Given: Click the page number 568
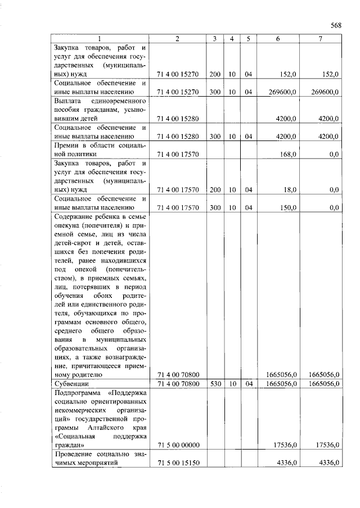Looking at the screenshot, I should click(336, 25).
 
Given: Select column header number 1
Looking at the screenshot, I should click(99, 39).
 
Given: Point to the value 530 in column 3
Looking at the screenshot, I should click(214, 384).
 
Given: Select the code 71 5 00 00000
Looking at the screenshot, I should click(178, 446).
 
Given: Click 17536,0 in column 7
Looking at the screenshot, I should click(326, 446).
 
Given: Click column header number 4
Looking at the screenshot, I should click(231, 39).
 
